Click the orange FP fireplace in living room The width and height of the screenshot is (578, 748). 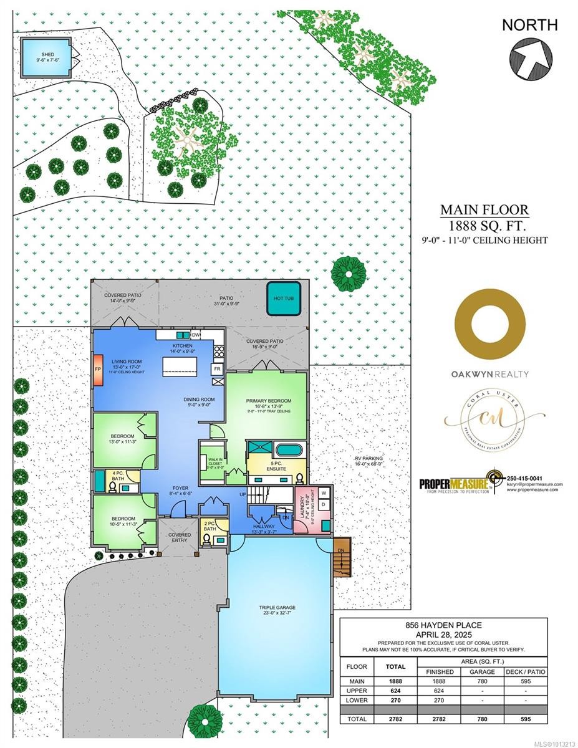point(98,368)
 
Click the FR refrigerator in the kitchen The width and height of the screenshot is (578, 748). point(218,369)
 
